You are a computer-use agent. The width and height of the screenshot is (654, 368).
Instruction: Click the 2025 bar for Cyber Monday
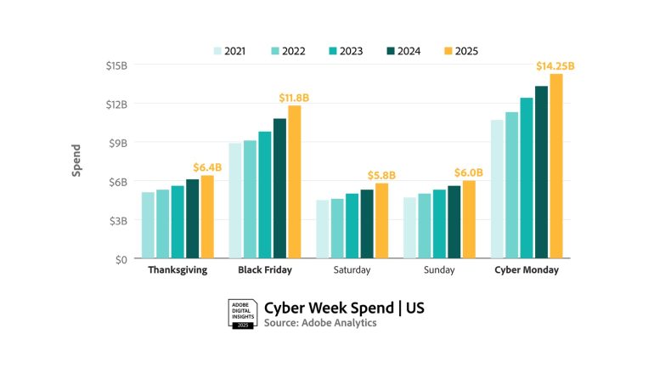[556, 167]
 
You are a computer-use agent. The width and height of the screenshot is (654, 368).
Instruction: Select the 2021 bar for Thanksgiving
[148, 225]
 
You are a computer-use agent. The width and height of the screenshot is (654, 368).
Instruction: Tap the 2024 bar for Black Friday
[279, 188]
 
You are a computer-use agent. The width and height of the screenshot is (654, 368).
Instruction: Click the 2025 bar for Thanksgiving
[206, 217]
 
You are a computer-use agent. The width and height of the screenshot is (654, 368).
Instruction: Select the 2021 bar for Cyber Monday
[497, 189]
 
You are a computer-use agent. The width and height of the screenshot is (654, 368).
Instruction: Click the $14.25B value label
[555, 66]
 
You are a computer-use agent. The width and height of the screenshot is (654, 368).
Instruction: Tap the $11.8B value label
[294, 98]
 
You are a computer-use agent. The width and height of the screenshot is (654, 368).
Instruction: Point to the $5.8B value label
[382, 175]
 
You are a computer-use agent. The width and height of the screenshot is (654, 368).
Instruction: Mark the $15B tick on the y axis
[116, 65]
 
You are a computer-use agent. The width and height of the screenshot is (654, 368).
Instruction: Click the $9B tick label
[117, 143]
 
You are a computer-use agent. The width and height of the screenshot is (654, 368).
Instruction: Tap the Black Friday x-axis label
[265, 270]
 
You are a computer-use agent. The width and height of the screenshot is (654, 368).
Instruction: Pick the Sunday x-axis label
[439, 270]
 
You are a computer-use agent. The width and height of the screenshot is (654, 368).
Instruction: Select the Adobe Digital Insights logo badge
[241, 314]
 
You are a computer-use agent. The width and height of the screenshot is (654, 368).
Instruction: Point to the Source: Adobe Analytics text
[319, 323]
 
